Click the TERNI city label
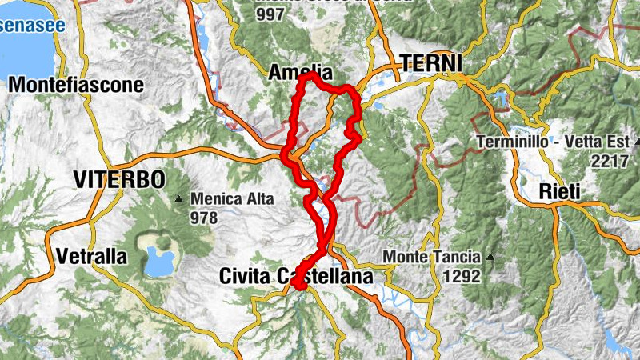coord(431,62)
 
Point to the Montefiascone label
coord(76,85)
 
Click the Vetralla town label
coord(92,257)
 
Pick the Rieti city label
coord(559,191)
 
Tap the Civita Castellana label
coord(296,277)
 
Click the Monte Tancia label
coord(433,257)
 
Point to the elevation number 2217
coord(608,160)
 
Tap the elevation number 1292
coord(462,277)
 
